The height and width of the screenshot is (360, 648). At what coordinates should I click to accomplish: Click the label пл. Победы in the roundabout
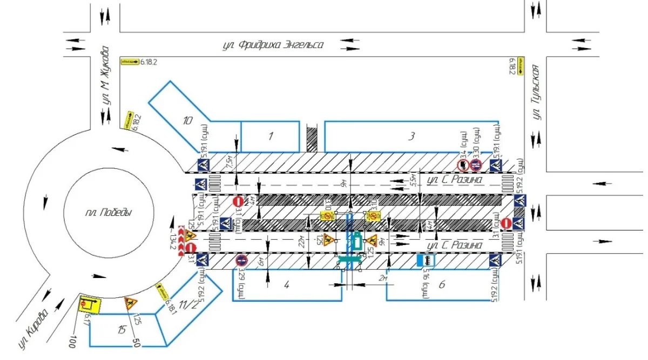tap(108, 213)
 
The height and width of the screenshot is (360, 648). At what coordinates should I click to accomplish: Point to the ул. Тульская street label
tap(537, 91)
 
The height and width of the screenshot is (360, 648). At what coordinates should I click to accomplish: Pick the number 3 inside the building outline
tap(411, 137)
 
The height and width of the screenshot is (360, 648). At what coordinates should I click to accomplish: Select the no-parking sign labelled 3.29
tap(241, 261)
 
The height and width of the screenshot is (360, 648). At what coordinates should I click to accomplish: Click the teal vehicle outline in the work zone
tap(356, 241)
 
